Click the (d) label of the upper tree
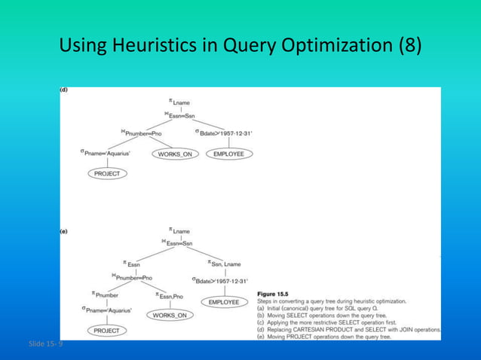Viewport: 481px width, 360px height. (64, 90)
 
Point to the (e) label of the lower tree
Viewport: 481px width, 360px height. (64, 232)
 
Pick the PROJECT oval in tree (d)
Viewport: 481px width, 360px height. (106, 174)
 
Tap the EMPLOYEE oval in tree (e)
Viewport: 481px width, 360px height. (224, 302)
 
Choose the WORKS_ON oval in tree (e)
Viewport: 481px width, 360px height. (169, 316)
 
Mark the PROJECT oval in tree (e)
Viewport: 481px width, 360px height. (106, 331)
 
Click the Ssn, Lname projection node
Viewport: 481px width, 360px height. (224, 264)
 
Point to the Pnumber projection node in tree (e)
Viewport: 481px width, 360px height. (106, 295)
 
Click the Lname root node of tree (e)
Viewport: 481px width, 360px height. (180, 230)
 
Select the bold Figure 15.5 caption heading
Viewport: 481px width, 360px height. (277, 293)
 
